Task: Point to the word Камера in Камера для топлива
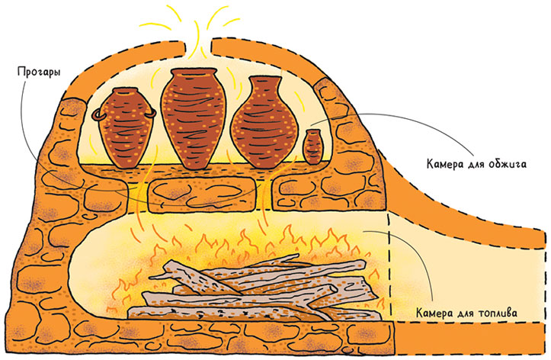pyautogui.click(x=437, y=313)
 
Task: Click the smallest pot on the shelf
pyautogui.click(x=313, y=146)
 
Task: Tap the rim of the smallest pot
pyautogui.click(x=313, y=133)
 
